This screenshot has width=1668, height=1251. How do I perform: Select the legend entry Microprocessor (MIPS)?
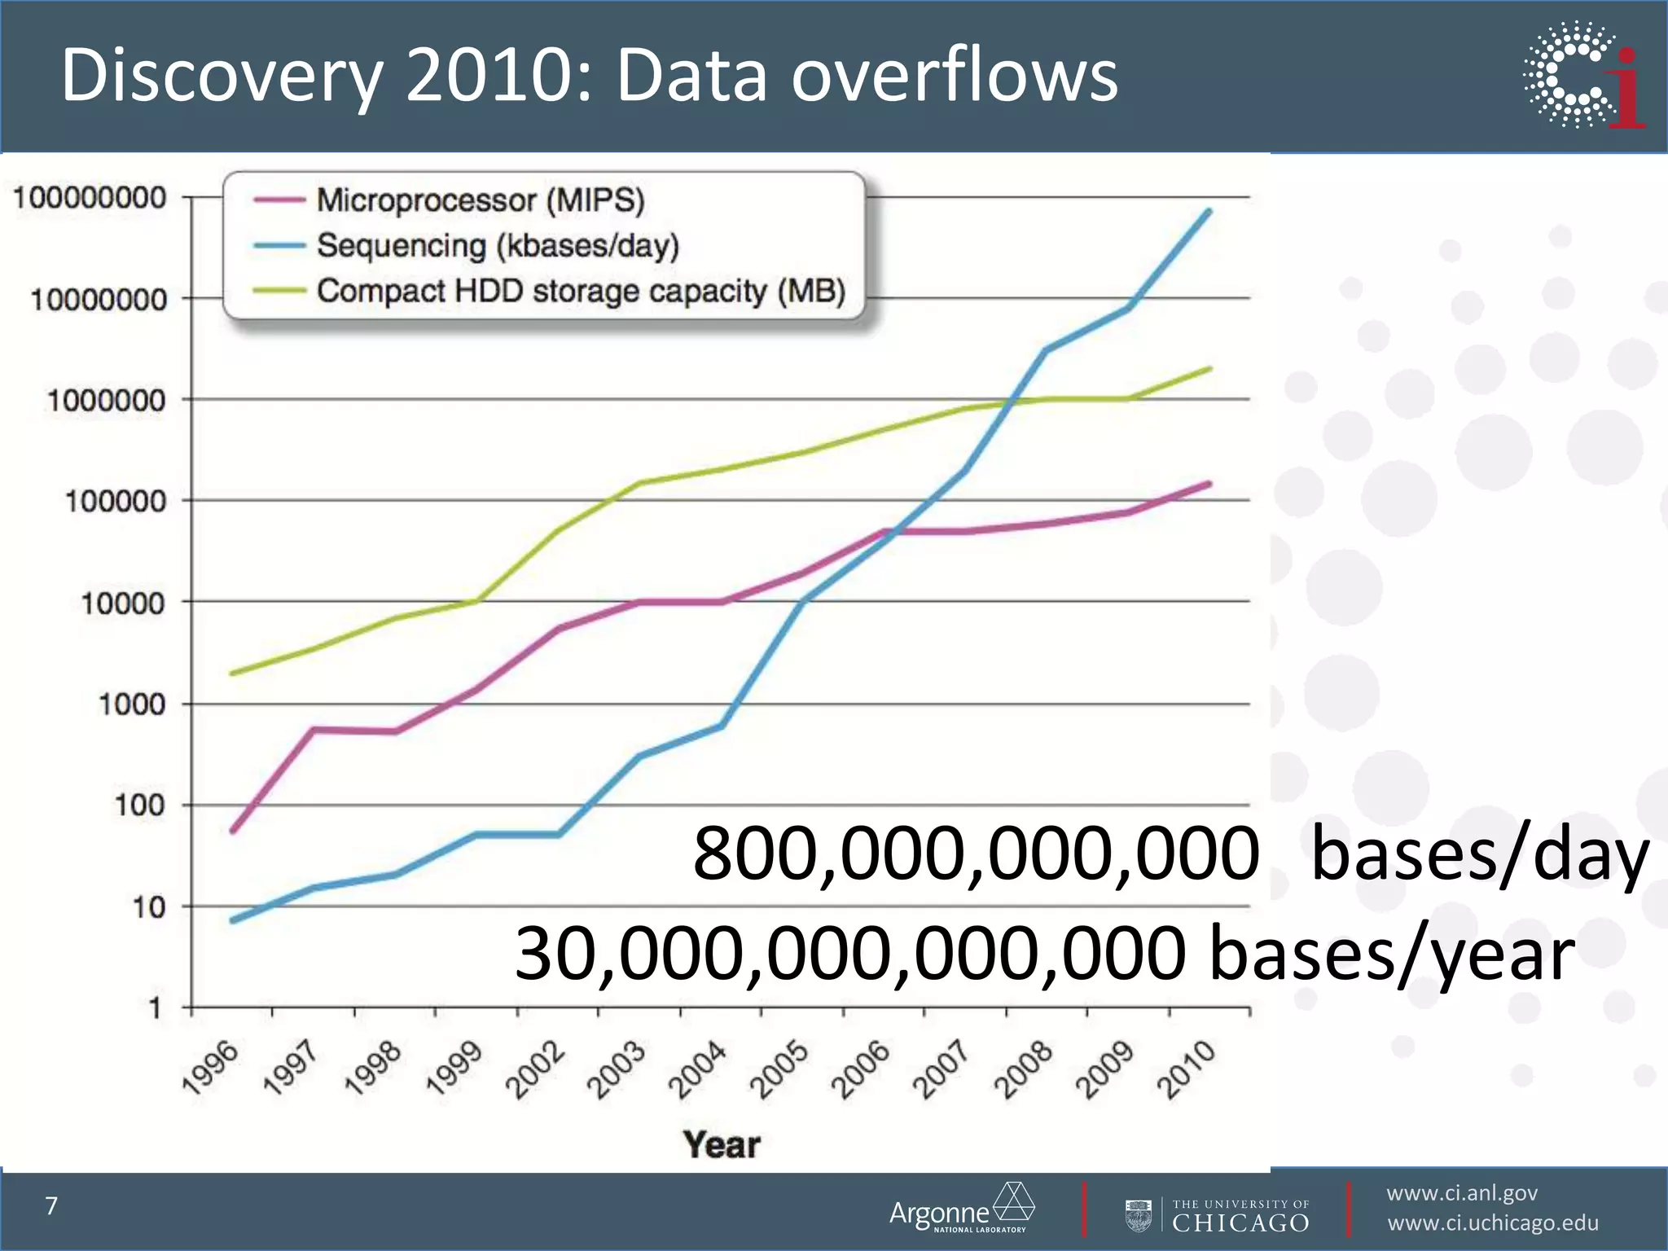coord(480,200)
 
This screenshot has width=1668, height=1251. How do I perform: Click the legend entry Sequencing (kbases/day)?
coord(497,245)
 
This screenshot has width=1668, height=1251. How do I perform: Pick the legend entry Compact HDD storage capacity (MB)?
coord(581,291)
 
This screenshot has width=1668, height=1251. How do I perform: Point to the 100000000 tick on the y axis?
coord(90,198)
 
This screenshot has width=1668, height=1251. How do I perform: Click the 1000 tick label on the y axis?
coord(131,705)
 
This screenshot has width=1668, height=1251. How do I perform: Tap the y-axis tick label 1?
coord(155,1009)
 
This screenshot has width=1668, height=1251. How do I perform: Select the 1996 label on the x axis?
coord(211,1069)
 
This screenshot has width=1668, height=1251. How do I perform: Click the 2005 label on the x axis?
coord(779,1069)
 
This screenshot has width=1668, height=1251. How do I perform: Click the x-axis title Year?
coord(722,1145)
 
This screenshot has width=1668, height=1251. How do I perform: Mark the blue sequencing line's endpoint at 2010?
coord(1209,212)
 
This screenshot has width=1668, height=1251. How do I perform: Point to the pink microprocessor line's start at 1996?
coord(233,831)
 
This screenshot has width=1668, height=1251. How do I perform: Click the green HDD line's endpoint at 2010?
coord(1209,369)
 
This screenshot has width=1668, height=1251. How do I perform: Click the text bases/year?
coord(1392,954)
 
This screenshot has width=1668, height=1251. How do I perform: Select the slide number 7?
coord(51,1206)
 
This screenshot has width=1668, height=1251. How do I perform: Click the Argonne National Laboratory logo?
coord(961,1209)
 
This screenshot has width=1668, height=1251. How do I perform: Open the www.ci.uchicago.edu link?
coord(1492,1223)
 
